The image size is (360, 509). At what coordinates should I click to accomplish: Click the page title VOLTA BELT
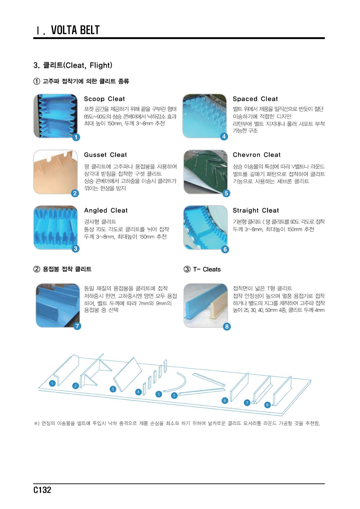pos(75,30)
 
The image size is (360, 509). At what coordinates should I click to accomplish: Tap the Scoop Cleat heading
pos(104,99)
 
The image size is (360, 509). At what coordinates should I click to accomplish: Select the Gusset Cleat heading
pos(105,155)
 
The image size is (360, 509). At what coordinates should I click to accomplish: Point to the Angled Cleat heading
pos(106,210)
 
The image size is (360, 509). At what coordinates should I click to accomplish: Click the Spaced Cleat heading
pos(255,99)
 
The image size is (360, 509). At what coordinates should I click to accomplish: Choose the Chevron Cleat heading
pos(257,155)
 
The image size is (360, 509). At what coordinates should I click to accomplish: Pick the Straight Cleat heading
pos(256,210)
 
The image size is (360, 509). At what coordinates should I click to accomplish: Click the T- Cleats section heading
pos(202,269)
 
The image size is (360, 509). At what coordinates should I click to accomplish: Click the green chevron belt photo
pos(205,172)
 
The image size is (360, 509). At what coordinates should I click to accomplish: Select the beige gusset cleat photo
pos(55,172)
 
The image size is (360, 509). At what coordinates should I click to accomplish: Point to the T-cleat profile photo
pos(205,305)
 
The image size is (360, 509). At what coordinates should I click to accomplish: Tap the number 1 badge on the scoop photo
pos(76,137)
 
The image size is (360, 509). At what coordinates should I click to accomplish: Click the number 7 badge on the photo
pos(77,326)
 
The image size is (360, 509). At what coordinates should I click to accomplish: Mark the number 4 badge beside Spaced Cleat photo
pos(224,136)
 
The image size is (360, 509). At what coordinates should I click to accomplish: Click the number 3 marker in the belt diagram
pos(113,389)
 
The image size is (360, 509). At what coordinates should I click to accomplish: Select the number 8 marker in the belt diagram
pos(267,405)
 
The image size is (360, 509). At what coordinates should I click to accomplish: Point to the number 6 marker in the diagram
pos(225,400)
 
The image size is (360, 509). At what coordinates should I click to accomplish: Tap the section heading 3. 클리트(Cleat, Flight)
pos(73,65)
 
